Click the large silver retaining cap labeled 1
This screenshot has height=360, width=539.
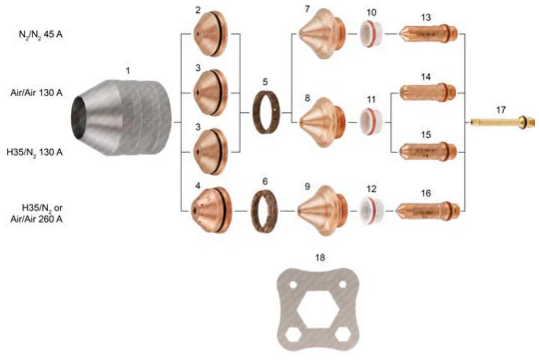pyautogui.click(x=122, y=117)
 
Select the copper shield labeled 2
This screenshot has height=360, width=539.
pyautogui.click(x=211, y=34)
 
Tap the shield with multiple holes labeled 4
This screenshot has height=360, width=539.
pyautogui.click(x=211, y=210)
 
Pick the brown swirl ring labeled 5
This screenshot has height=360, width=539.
pyautogui.click(x=267, y=112)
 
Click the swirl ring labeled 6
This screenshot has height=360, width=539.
pyautogui.click(x=265, y=210)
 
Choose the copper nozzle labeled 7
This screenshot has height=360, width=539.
pyautogui.click(x=322, y=33)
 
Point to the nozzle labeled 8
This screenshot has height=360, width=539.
pyautogui.click(x=322, y=122)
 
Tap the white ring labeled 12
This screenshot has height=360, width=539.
pyautogui.click(x=371, y=210)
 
